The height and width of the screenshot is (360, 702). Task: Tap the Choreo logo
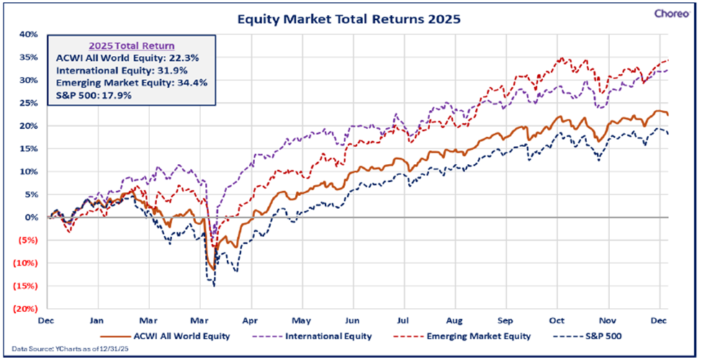pos(672,12)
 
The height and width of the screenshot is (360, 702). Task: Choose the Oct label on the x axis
pos(557,319)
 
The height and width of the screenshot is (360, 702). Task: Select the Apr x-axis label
pos(251,319)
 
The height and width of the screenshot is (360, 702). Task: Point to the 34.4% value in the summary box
pos(192,82)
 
